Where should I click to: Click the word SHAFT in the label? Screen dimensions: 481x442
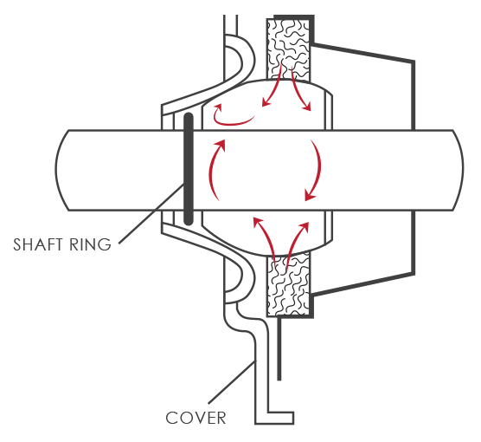(37, 244)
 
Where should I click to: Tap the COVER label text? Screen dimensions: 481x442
(196, 418)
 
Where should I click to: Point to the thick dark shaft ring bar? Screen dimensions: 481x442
(189, 169)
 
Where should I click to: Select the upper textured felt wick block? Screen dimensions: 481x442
(288, 49)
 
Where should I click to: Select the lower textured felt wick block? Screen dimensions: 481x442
(288, 284)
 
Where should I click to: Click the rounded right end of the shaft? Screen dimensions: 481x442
(458, 170)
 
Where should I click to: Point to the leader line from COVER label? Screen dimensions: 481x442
(232, 381)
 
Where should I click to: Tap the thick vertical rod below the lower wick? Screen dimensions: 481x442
(279, 349)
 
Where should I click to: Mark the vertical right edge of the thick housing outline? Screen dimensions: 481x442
(413, 167)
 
